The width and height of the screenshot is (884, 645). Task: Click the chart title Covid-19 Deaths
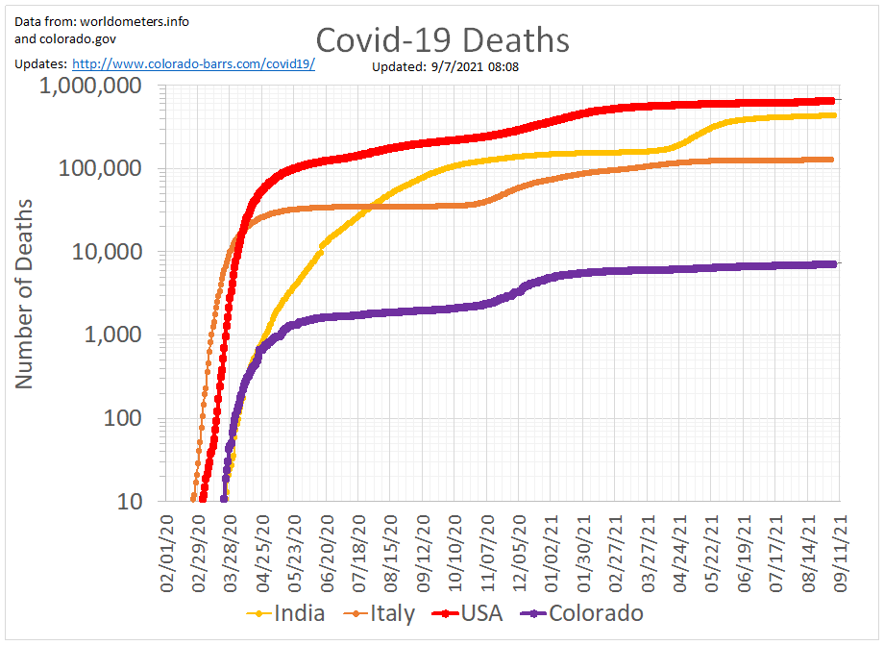tap(442, 40)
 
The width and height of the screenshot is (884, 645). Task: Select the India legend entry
tap(299, 613)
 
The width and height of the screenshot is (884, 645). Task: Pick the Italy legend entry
tap(393, 613)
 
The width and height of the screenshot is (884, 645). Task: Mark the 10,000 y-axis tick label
tap(110, 252)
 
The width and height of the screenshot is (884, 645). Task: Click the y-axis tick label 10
tap(132, 502)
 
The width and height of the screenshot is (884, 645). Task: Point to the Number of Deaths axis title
tap(24, 293)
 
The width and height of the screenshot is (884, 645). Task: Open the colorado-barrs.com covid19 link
tap(193, 63)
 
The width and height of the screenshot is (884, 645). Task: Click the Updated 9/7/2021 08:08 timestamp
tap(446, 67)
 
